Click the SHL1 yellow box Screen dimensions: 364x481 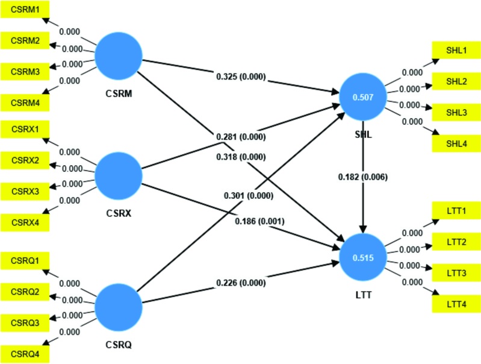[455, 50]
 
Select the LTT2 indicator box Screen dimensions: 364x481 [455, 242]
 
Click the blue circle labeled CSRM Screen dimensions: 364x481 [119, 55]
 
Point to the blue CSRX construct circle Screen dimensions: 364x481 [119, 175]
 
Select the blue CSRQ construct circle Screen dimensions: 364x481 [119, 306]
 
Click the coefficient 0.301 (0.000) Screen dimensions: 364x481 [249, 195]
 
